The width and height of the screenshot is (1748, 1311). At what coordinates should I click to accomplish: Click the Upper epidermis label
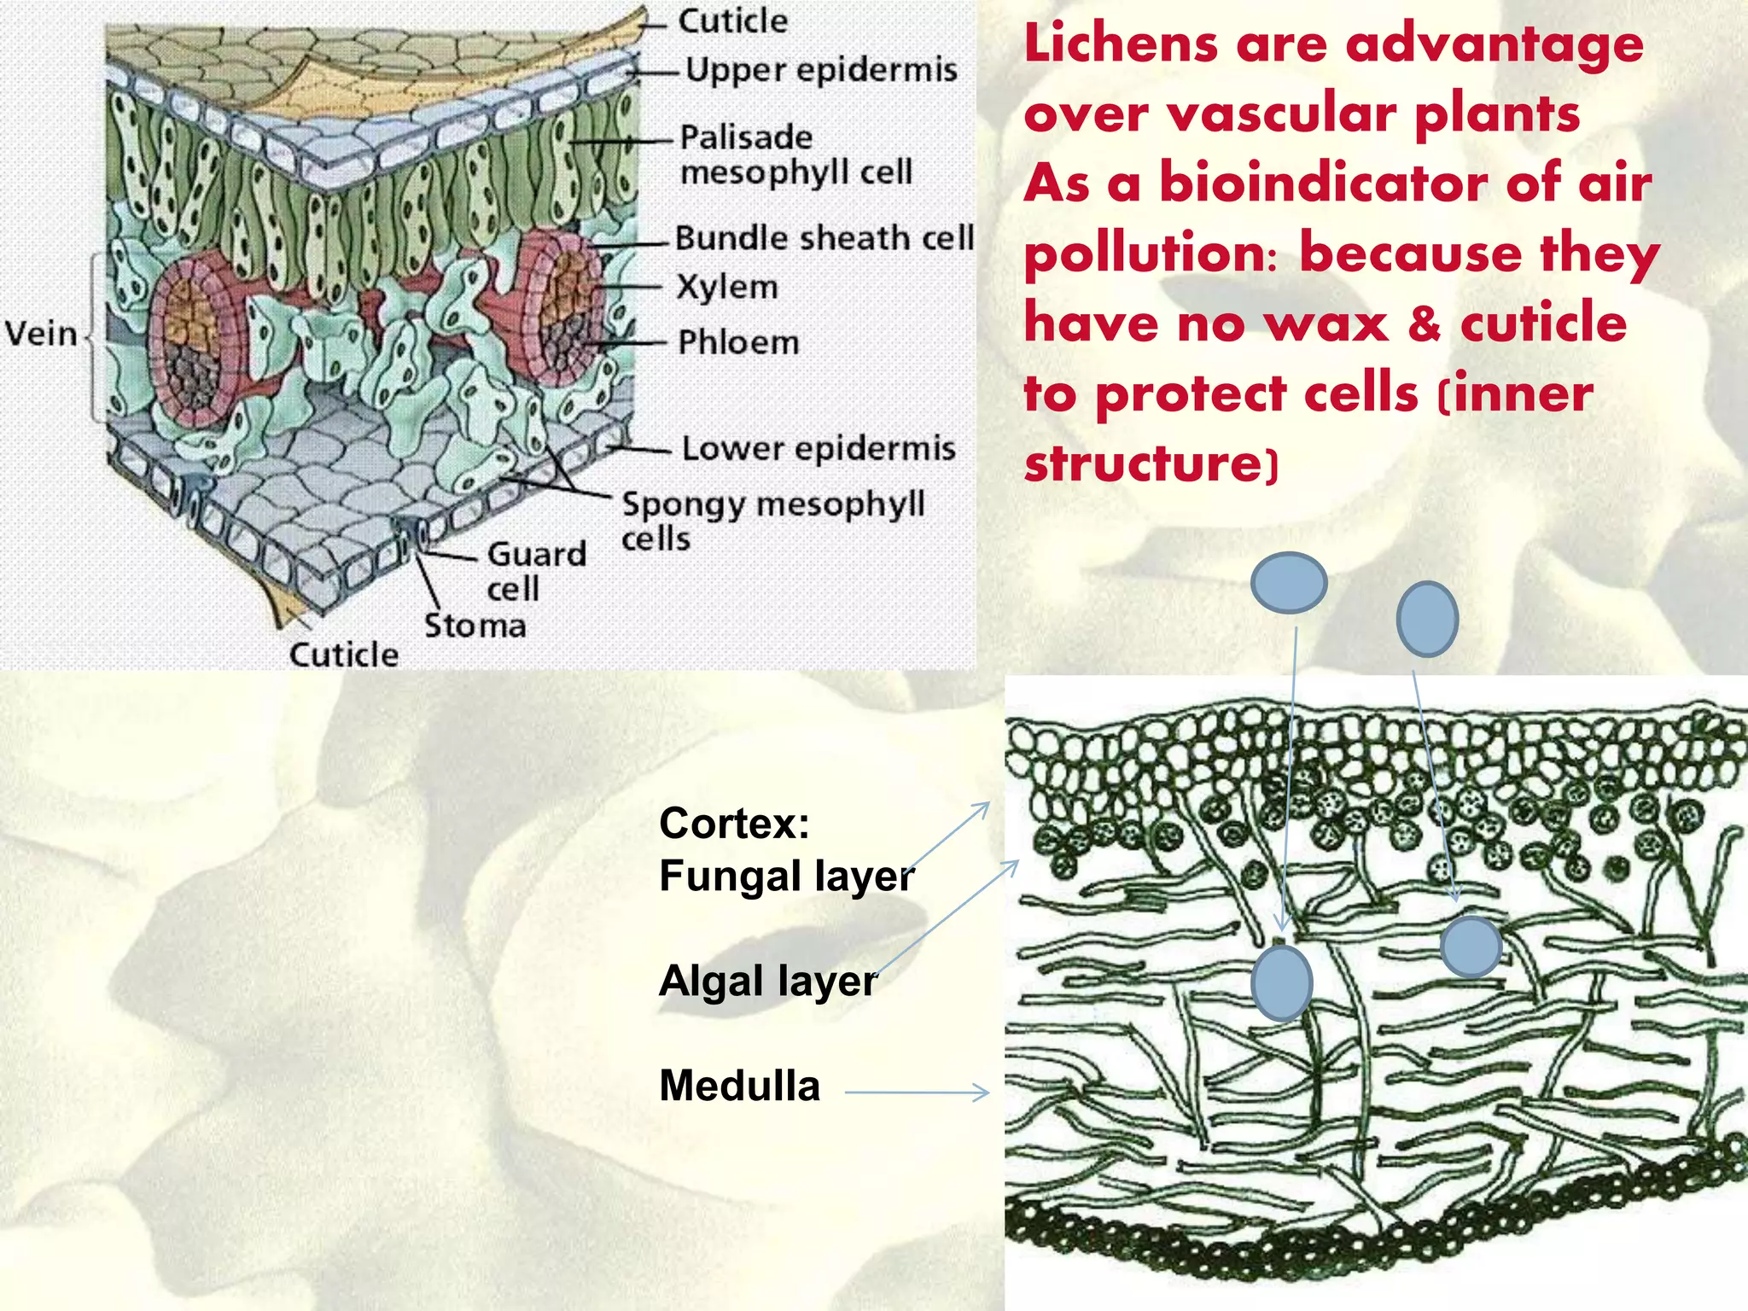click(821, 70)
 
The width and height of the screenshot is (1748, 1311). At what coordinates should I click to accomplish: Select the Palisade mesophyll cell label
click(795, 154)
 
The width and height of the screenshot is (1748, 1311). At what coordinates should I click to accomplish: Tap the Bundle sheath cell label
click(824, 238)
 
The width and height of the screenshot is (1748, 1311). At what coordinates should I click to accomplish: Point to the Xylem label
click(727, 288)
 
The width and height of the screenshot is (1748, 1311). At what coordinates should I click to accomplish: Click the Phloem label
click(738, 342)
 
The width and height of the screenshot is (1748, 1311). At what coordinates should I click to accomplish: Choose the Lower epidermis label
click(818, 448)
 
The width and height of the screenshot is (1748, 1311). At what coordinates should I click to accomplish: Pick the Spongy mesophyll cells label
click(772, 520)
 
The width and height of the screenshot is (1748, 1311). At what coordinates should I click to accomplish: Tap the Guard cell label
click(535, 571)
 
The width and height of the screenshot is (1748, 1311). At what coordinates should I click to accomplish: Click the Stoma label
click(475, 626)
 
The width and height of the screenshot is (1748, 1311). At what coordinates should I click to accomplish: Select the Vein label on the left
click(41, 333)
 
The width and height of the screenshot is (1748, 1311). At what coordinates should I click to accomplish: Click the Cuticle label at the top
click(732, 21)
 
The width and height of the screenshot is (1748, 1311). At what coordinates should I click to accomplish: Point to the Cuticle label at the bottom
click(343, 655)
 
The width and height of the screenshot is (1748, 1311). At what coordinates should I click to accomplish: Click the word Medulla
click(739, 1086)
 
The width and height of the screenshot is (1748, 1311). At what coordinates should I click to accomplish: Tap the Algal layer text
click(766, 981)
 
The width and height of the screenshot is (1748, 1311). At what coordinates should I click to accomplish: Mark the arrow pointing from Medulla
click(917, 1092)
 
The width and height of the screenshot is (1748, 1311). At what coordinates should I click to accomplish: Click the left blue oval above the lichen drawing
click(1288, 582)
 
